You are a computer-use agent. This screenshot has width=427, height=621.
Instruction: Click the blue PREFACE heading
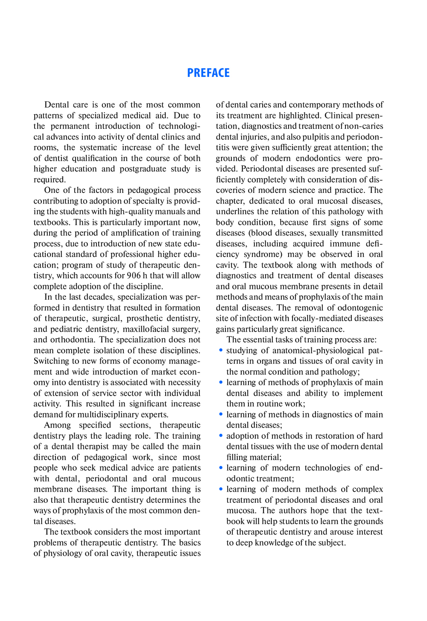pos(208,73)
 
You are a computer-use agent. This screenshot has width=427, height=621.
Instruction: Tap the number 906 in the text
pos(134,276)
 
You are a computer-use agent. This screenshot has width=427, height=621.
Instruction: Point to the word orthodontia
pos(71,340)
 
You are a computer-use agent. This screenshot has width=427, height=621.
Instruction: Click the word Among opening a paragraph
pos(57,425)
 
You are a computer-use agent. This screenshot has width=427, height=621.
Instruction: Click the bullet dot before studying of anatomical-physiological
pos(221,350)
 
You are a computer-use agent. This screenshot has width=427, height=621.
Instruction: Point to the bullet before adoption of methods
pos(221,435)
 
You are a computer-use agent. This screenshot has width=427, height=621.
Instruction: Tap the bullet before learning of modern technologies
pos(221,467)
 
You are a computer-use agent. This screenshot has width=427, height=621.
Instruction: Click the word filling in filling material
pos(238,457)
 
